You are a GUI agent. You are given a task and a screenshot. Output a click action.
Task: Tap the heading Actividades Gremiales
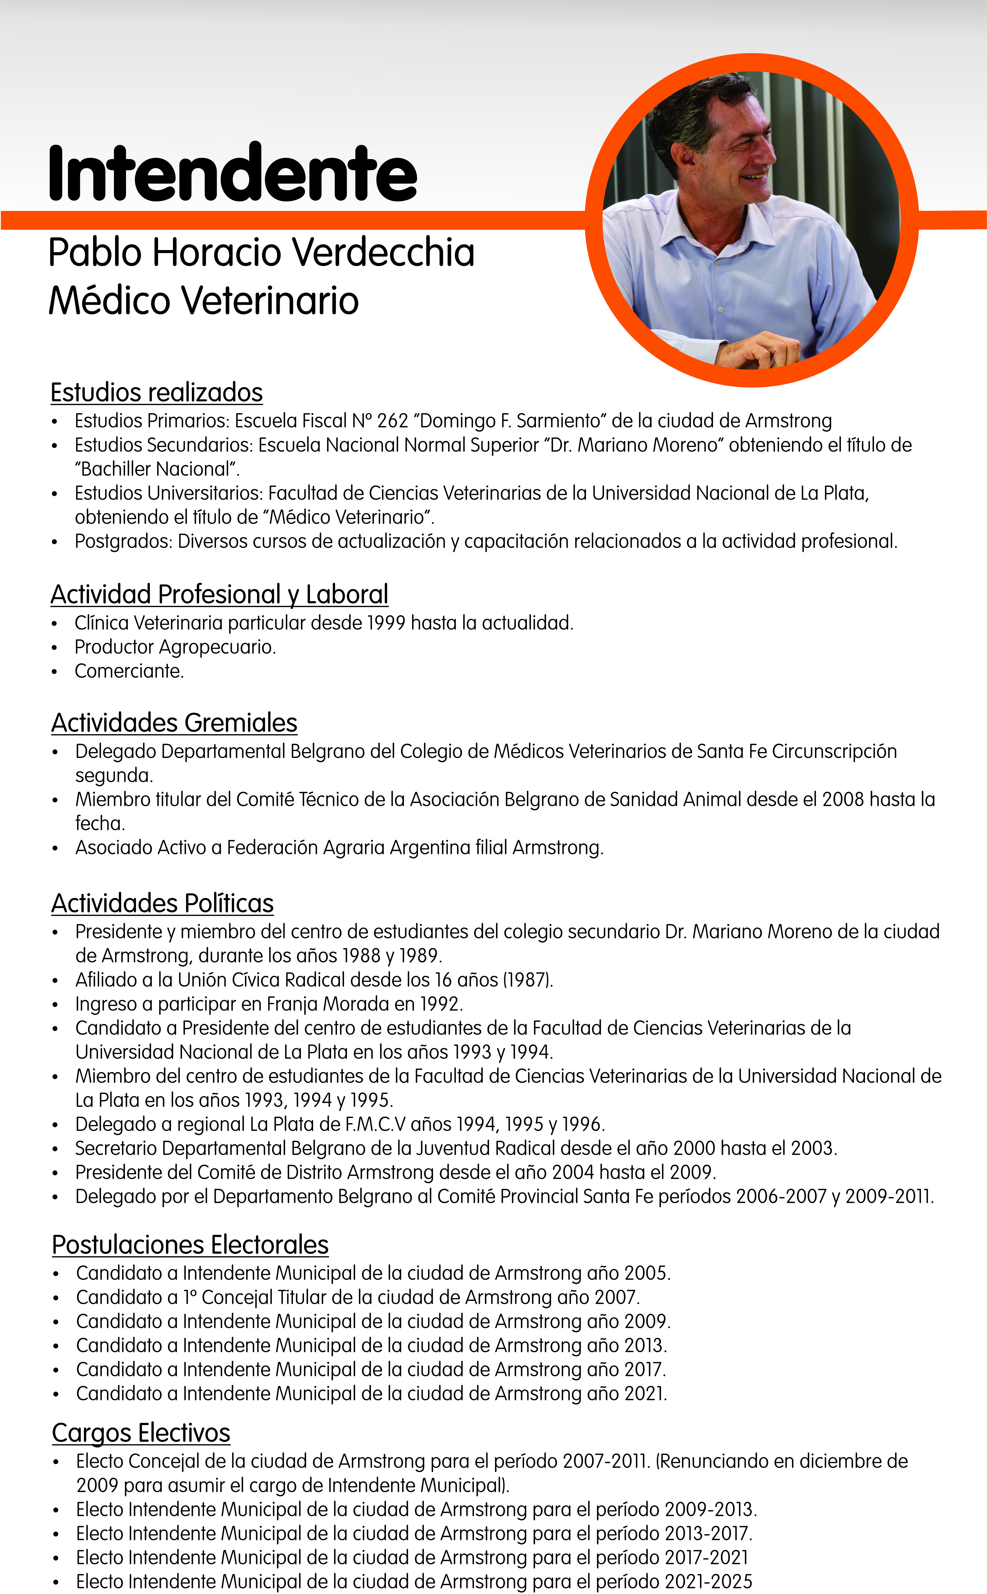(174, 723)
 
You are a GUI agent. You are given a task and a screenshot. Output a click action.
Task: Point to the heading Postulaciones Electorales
(190, 1245)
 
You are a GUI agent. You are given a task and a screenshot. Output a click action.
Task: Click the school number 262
(392, 421)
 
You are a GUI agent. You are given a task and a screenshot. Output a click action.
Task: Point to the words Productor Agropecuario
(175, 647)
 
